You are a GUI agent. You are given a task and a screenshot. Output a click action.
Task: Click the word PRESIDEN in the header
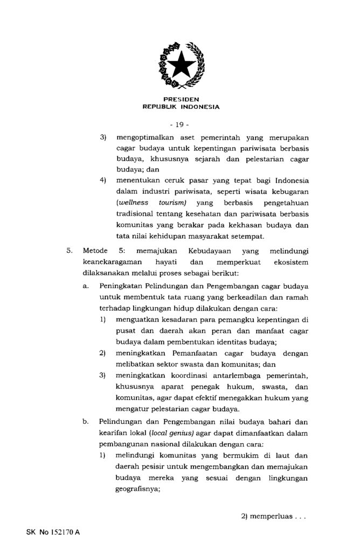pyautogui.click(x=181, y=99)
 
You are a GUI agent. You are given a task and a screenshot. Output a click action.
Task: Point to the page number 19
pyautogui.click(x=181, y=125)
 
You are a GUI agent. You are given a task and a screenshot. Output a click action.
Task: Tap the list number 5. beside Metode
pyautogui.click(x=69, y=251)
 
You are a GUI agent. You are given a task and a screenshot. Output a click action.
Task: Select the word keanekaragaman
pyautogui.click(x=112, y=261)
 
